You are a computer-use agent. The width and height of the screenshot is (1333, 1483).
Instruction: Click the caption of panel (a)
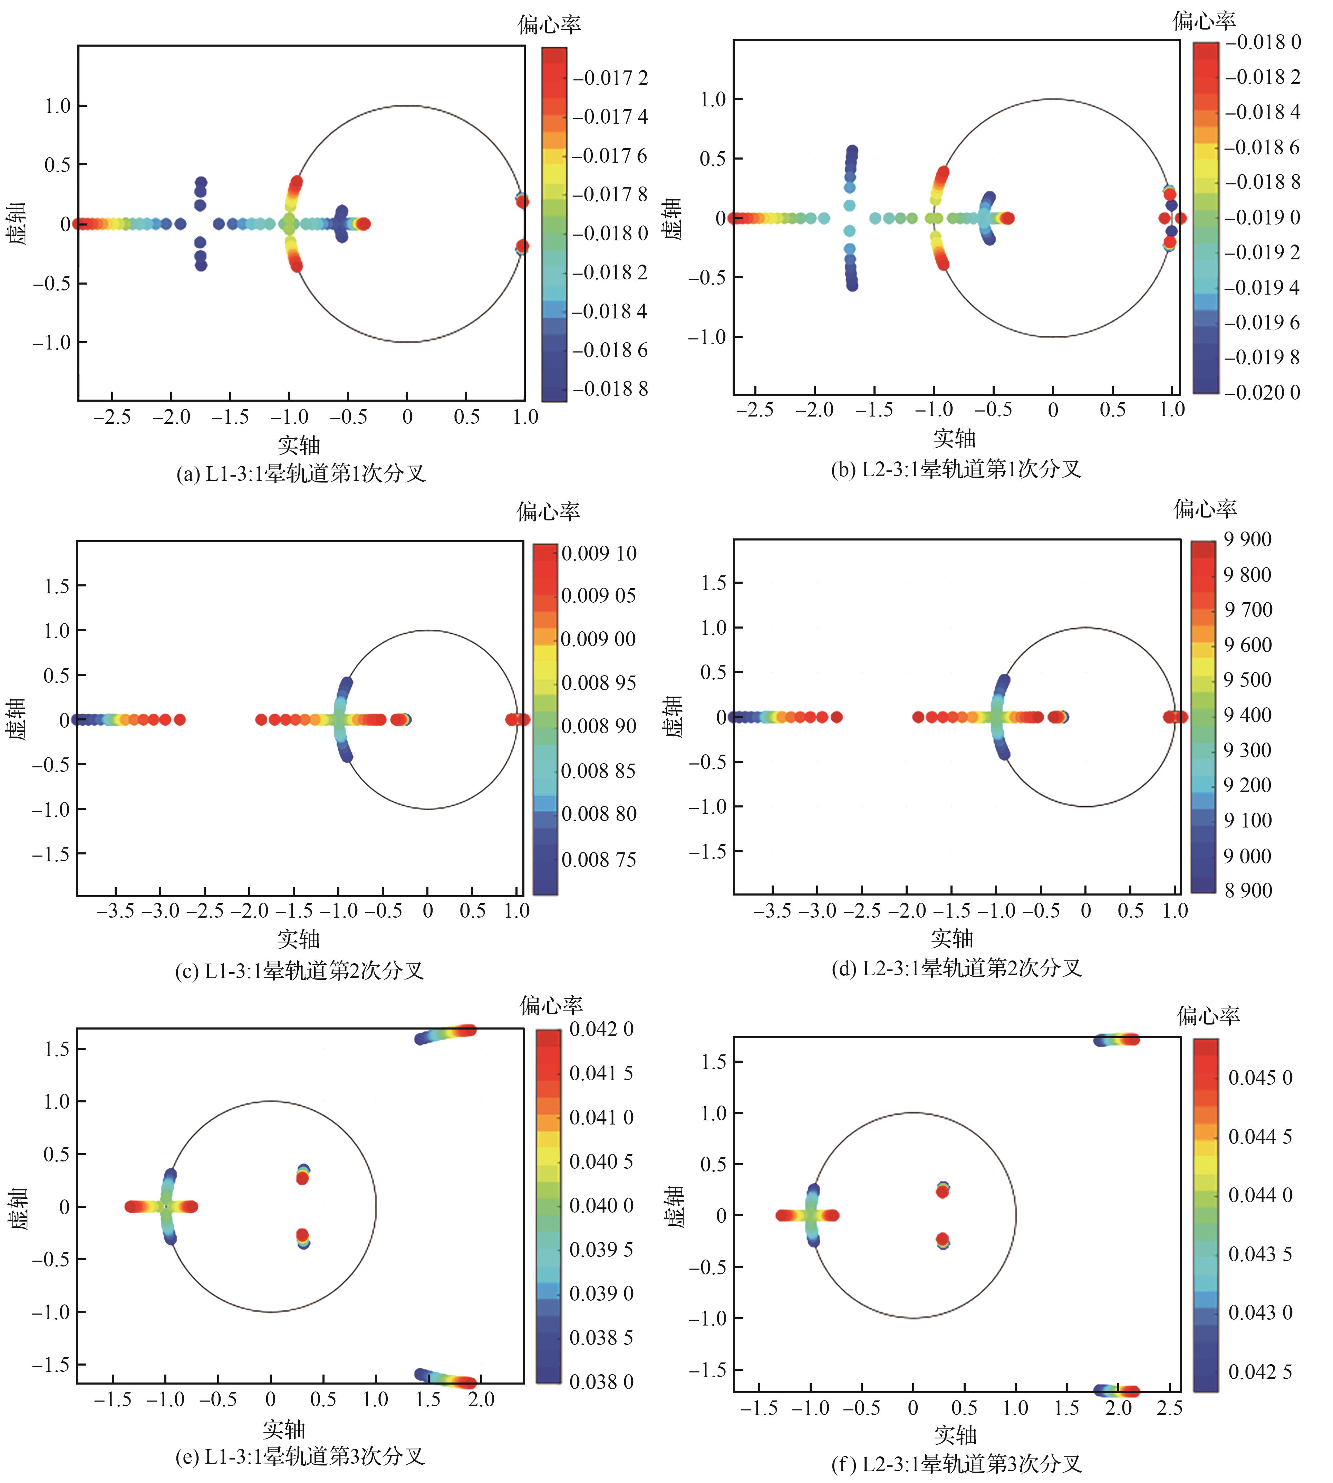point(300,473)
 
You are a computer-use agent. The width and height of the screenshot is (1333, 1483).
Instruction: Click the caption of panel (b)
point(956,469)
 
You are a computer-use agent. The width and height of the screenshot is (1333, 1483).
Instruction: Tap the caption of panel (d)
point(956,969)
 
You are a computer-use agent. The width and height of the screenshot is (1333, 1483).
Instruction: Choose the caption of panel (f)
point(956,1464)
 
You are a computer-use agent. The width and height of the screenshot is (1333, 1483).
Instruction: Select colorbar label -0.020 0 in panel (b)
point(1263,393)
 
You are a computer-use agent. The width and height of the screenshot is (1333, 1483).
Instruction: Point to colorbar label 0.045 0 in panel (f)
point(1260,1078)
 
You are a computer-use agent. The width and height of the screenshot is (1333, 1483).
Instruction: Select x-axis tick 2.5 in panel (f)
point(1169,1408)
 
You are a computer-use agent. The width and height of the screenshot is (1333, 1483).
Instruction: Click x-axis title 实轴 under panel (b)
point(954,438)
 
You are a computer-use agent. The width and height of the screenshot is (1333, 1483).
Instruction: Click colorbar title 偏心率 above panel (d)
point(1205,508)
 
